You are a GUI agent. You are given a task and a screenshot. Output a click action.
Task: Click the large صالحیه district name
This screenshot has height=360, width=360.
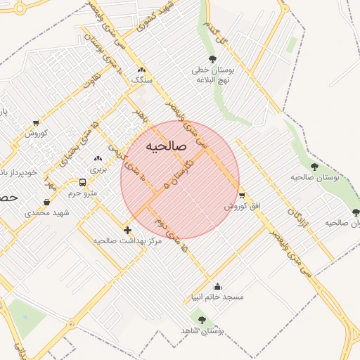click(x=165, y=146)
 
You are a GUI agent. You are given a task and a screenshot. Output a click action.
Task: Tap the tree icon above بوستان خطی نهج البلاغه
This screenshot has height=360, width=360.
click(x=213, y=60)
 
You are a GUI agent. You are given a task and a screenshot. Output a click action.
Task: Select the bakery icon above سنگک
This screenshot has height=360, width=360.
click(x=142, y=70)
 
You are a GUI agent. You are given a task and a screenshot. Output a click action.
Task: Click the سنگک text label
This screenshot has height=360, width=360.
click(x=141, y=80)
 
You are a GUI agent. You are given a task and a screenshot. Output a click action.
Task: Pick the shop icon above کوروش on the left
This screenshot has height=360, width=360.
click(x=36, y=123)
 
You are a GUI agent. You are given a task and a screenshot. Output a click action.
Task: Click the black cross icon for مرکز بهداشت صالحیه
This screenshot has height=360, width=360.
click(x=127, y=230)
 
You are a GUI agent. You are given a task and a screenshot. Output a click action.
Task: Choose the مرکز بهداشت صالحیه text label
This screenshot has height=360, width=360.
click(x=127, y=240)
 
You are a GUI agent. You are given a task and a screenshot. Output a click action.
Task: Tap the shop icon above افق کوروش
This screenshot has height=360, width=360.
click(x=242, y=195)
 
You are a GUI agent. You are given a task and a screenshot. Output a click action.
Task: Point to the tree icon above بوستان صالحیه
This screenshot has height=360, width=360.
click(x=314, y=167)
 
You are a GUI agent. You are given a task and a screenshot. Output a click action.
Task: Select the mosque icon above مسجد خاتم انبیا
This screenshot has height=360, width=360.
click(x=217, y=286)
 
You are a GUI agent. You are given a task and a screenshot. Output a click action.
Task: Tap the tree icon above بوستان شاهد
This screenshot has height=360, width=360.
click(x=202, y=320)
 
